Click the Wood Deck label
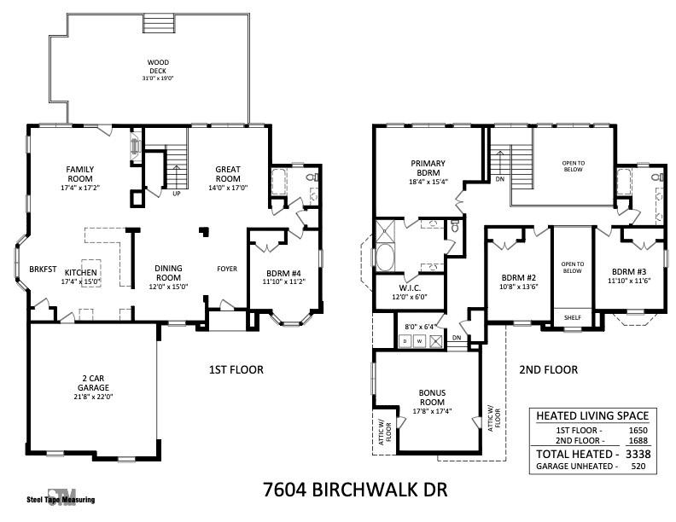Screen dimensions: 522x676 click(158, 67)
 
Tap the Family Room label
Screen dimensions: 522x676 click(80, 174)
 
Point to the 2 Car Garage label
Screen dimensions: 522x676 click(94, 381)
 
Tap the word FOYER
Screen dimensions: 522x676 click(227, 269)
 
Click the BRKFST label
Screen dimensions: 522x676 click(43, 268)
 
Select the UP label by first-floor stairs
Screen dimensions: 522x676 click(177, 193)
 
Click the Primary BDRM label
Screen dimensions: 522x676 click(428, 168)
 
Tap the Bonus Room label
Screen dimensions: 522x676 click(432, 397)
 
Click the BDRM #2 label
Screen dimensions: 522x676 click(518, 278)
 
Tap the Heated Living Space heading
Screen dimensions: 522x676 click(591, 416)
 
